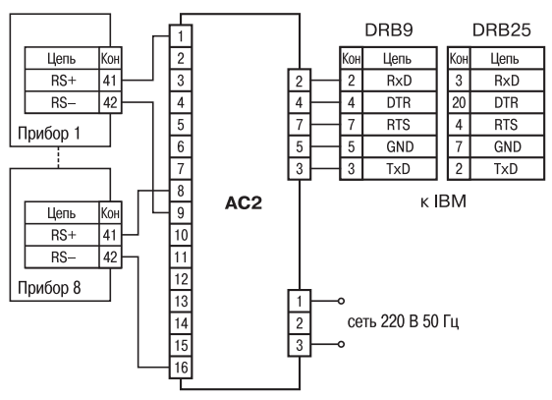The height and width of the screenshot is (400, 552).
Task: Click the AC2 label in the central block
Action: point(244,203)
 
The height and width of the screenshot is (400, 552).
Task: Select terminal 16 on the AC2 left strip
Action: point(181,368)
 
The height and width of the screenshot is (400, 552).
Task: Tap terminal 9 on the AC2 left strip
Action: point(181,212)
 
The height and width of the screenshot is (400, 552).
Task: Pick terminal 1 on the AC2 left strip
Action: point(181,36)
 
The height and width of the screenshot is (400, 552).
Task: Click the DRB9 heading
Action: point(389,30)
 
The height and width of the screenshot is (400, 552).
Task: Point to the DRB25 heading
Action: point(501,30)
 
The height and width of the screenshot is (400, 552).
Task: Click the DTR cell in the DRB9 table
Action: point(399,102)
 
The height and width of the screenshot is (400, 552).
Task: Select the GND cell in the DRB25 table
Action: point(507,146)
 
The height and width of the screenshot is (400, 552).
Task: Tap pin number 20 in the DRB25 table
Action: point(459,102)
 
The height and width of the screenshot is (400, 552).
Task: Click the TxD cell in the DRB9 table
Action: point(399,169)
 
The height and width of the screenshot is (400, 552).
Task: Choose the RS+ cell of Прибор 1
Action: point(62,81)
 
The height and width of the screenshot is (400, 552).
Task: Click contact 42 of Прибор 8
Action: point(110,257)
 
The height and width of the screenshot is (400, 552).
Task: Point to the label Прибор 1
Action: point(49,134)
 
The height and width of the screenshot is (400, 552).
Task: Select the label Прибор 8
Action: point(49,288)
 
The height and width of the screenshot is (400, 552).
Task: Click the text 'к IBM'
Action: point(443,201)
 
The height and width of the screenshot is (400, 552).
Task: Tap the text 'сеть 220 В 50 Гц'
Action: point(403,321)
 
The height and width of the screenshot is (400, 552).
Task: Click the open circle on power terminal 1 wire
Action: point(341,301)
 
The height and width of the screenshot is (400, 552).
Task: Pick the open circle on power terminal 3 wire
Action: point(341,344)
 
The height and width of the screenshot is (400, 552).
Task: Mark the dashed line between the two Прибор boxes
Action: point(58,157)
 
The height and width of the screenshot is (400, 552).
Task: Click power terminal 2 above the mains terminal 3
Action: point(300,323)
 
